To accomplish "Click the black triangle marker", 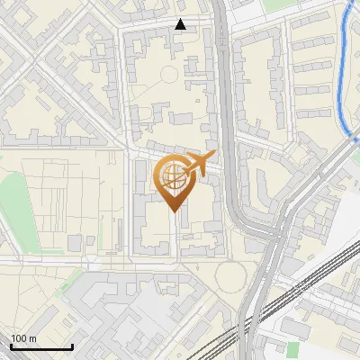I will tap(181, 24).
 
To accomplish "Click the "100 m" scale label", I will tap(24, 337).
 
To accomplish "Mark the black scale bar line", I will tap(41, 346).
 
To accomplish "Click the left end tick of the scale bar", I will tap(11, 345).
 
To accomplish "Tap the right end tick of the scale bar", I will tap(72, 345).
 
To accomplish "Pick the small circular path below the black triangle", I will tap(168, 75).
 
